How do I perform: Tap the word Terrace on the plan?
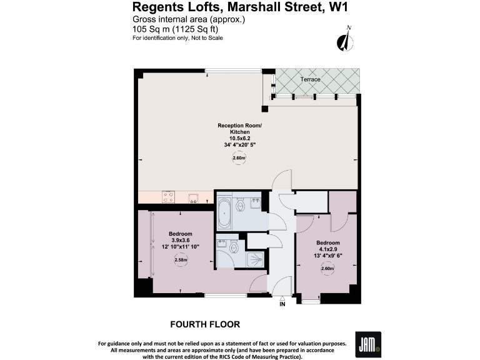click(310, 79)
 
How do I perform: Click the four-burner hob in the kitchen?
click(168, 197)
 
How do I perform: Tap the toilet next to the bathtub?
click(241, 205)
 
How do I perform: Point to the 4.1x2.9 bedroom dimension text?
click(327, 249)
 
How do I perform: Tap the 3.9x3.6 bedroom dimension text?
click(181, 241)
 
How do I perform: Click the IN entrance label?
click(282, 304)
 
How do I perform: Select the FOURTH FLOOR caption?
click(205, 324)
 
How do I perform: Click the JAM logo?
click(367, 344)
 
